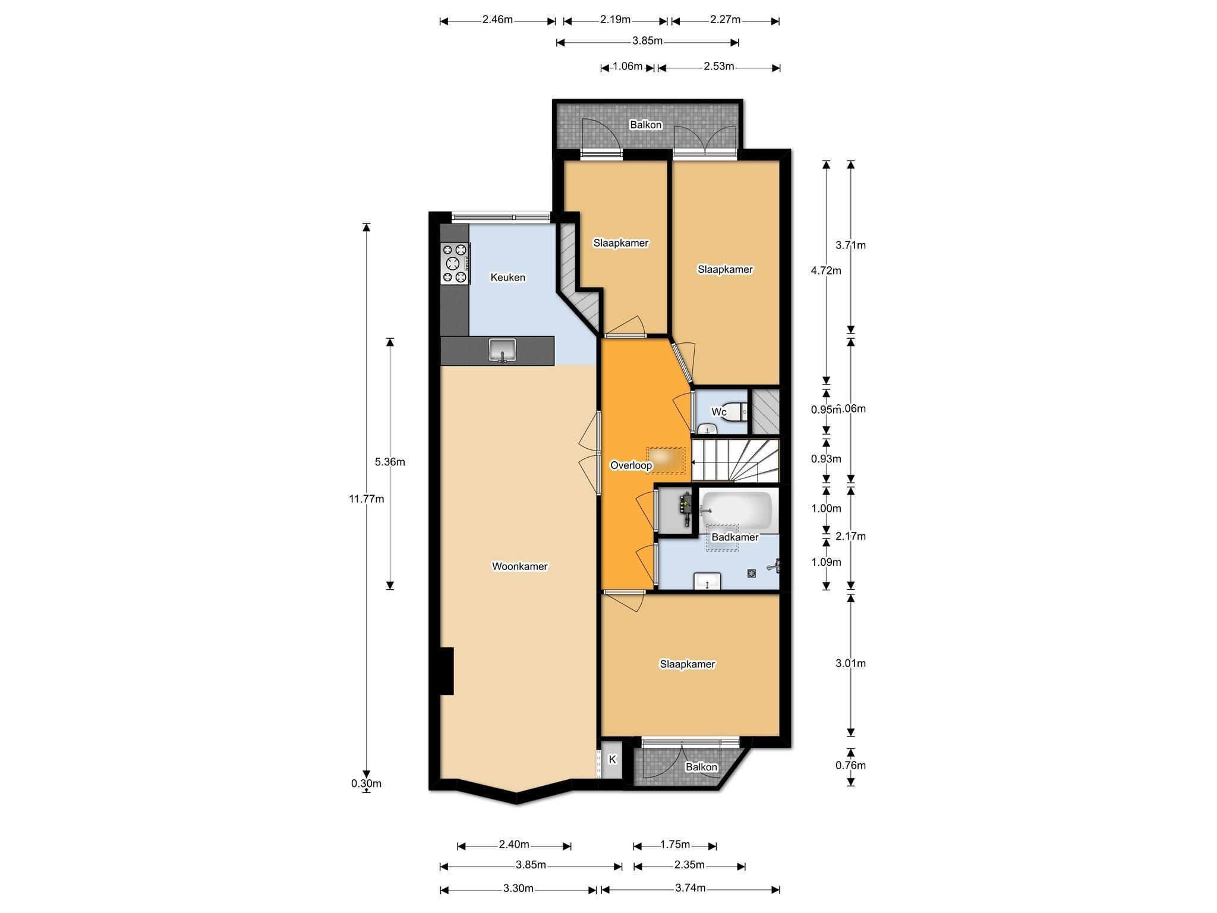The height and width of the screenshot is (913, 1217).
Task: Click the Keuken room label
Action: pyautogui.click(x=507, y=278)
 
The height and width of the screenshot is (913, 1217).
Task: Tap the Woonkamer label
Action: pyautogui.click(x=519, y=566)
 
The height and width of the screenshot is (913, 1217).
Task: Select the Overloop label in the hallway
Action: pyautogui.click(x=631, y=465)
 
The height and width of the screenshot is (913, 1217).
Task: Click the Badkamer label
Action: pyautogui.click(x=735, y=537)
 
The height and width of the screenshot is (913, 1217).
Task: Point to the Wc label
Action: pyautogui.click(x=719, y=412)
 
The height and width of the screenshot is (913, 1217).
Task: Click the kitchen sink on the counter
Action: pyautogui.click(x=502, y=350)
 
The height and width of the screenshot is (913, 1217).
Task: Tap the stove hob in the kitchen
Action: pyautogui.click(x=455, y=263)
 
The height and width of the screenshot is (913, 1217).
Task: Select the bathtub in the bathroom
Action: pyautogui.click(x=736, y=510)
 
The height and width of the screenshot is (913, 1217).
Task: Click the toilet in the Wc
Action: pyautogui.click(x=739, y=411)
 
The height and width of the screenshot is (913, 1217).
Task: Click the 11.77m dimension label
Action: pyautogui.click(x=367, y=499)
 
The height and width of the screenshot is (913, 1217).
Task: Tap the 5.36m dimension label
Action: pyautogui.click(x=390, y=462)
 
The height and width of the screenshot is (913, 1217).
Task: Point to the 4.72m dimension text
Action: pyautogui.click(x=826, y=271)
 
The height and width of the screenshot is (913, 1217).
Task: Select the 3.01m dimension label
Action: pyautogui.click(x=850, y=663)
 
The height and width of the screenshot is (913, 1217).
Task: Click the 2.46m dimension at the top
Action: pyautogui.click(x=497, y=20)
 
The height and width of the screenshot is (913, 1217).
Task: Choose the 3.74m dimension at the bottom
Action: pyautogui.click(x=691, y=888)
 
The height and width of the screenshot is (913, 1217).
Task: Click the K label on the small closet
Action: pyautogui.click(x=613, y=760)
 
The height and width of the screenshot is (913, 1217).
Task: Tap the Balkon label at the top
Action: pyautogui.click(x=645, y=125)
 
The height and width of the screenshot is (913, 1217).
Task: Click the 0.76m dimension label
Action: pyautogui.click(x=850, y=766)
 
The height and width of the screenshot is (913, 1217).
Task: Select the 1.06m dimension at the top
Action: pyautogui.click(x=628, y=67)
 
